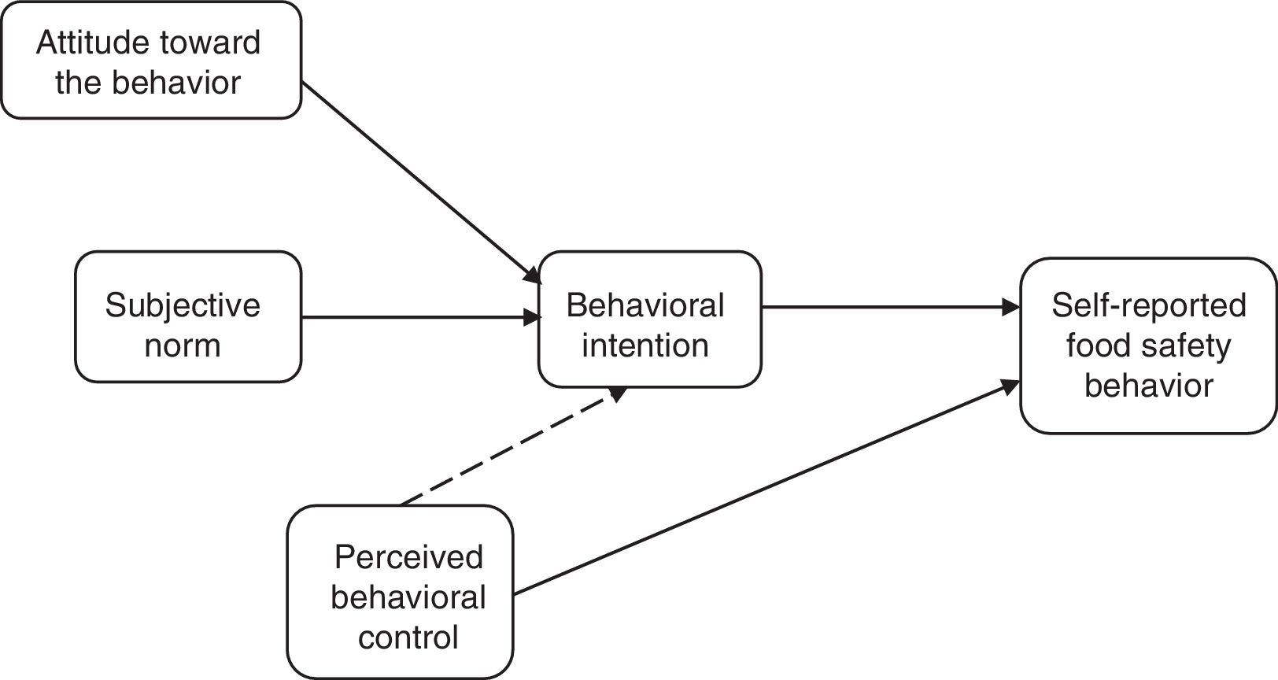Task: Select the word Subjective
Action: coord(183,306)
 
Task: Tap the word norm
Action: coord(183,346)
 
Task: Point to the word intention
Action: coord(645,346)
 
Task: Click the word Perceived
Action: coord(408,556)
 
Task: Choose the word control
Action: coord(408,637)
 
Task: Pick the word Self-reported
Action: coord(1148,306)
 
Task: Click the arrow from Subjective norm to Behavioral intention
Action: coord(420,316)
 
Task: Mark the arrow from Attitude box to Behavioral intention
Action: coord(421,183)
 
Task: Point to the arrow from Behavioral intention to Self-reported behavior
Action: coord(891,307)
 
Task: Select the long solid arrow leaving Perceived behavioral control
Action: coord(766,488)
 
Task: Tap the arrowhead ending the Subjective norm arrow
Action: coord(532,316)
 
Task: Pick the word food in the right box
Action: coord(1099,346)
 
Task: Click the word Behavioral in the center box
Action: coord(645,305)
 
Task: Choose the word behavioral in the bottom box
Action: coord(408,597)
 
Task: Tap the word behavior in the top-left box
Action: coord(176,83)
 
